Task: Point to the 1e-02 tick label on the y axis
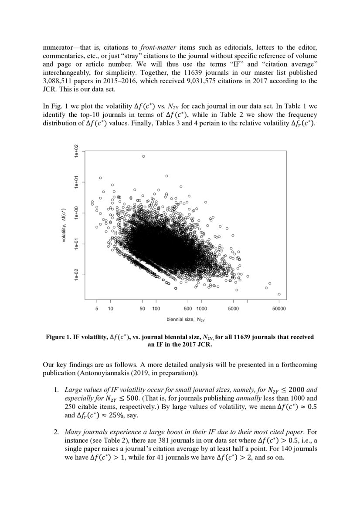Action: pos(75,276)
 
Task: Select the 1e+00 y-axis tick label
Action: pos(75,214)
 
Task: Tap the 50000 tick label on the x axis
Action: pos(278,309)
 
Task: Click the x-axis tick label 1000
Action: pos(201,309)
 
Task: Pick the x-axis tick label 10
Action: pos(110,309)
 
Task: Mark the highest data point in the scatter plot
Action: pos(143,156)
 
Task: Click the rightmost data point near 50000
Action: pos(279,294)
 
